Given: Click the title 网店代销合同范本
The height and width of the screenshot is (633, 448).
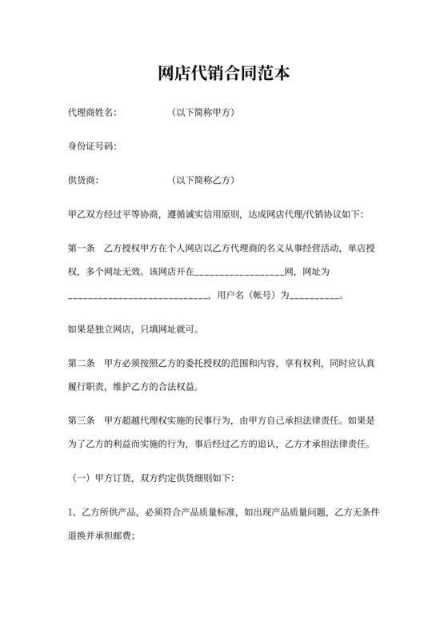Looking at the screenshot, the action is tap(224, 74).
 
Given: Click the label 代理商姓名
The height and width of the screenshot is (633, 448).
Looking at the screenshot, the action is tap(92, 112).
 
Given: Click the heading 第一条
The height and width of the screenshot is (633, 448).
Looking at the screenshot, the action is tap(82, 249).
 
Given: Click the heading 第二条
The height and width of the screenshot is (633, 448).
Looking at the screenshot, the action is tap(82, 363).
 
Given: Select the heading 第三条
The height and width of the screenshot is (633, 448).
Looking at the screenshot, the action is tap(82, 420).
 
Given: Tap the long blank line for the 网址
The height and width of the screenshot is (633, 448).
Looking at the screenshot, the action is tap(138, 297).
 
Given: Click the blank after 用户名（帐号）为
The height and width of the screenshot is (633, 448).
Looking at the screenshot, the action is tap(315, 297).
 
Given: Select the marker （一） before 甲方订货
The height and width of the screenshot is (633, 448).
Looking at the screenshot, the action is tap(84, 477).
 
